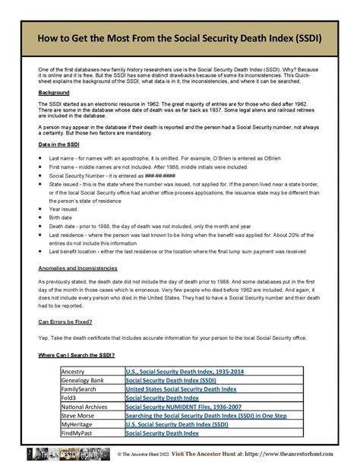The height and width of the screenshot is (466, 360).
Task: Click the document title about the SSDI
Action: click(180, 39)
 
